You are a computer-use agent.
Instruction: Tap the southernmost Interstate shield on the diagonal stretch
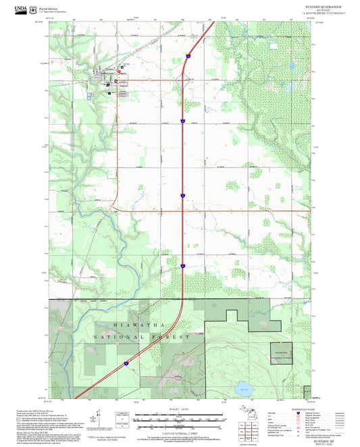(124, 363)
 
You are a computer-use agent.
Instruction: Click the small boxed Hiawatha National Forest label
(280, 353)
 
